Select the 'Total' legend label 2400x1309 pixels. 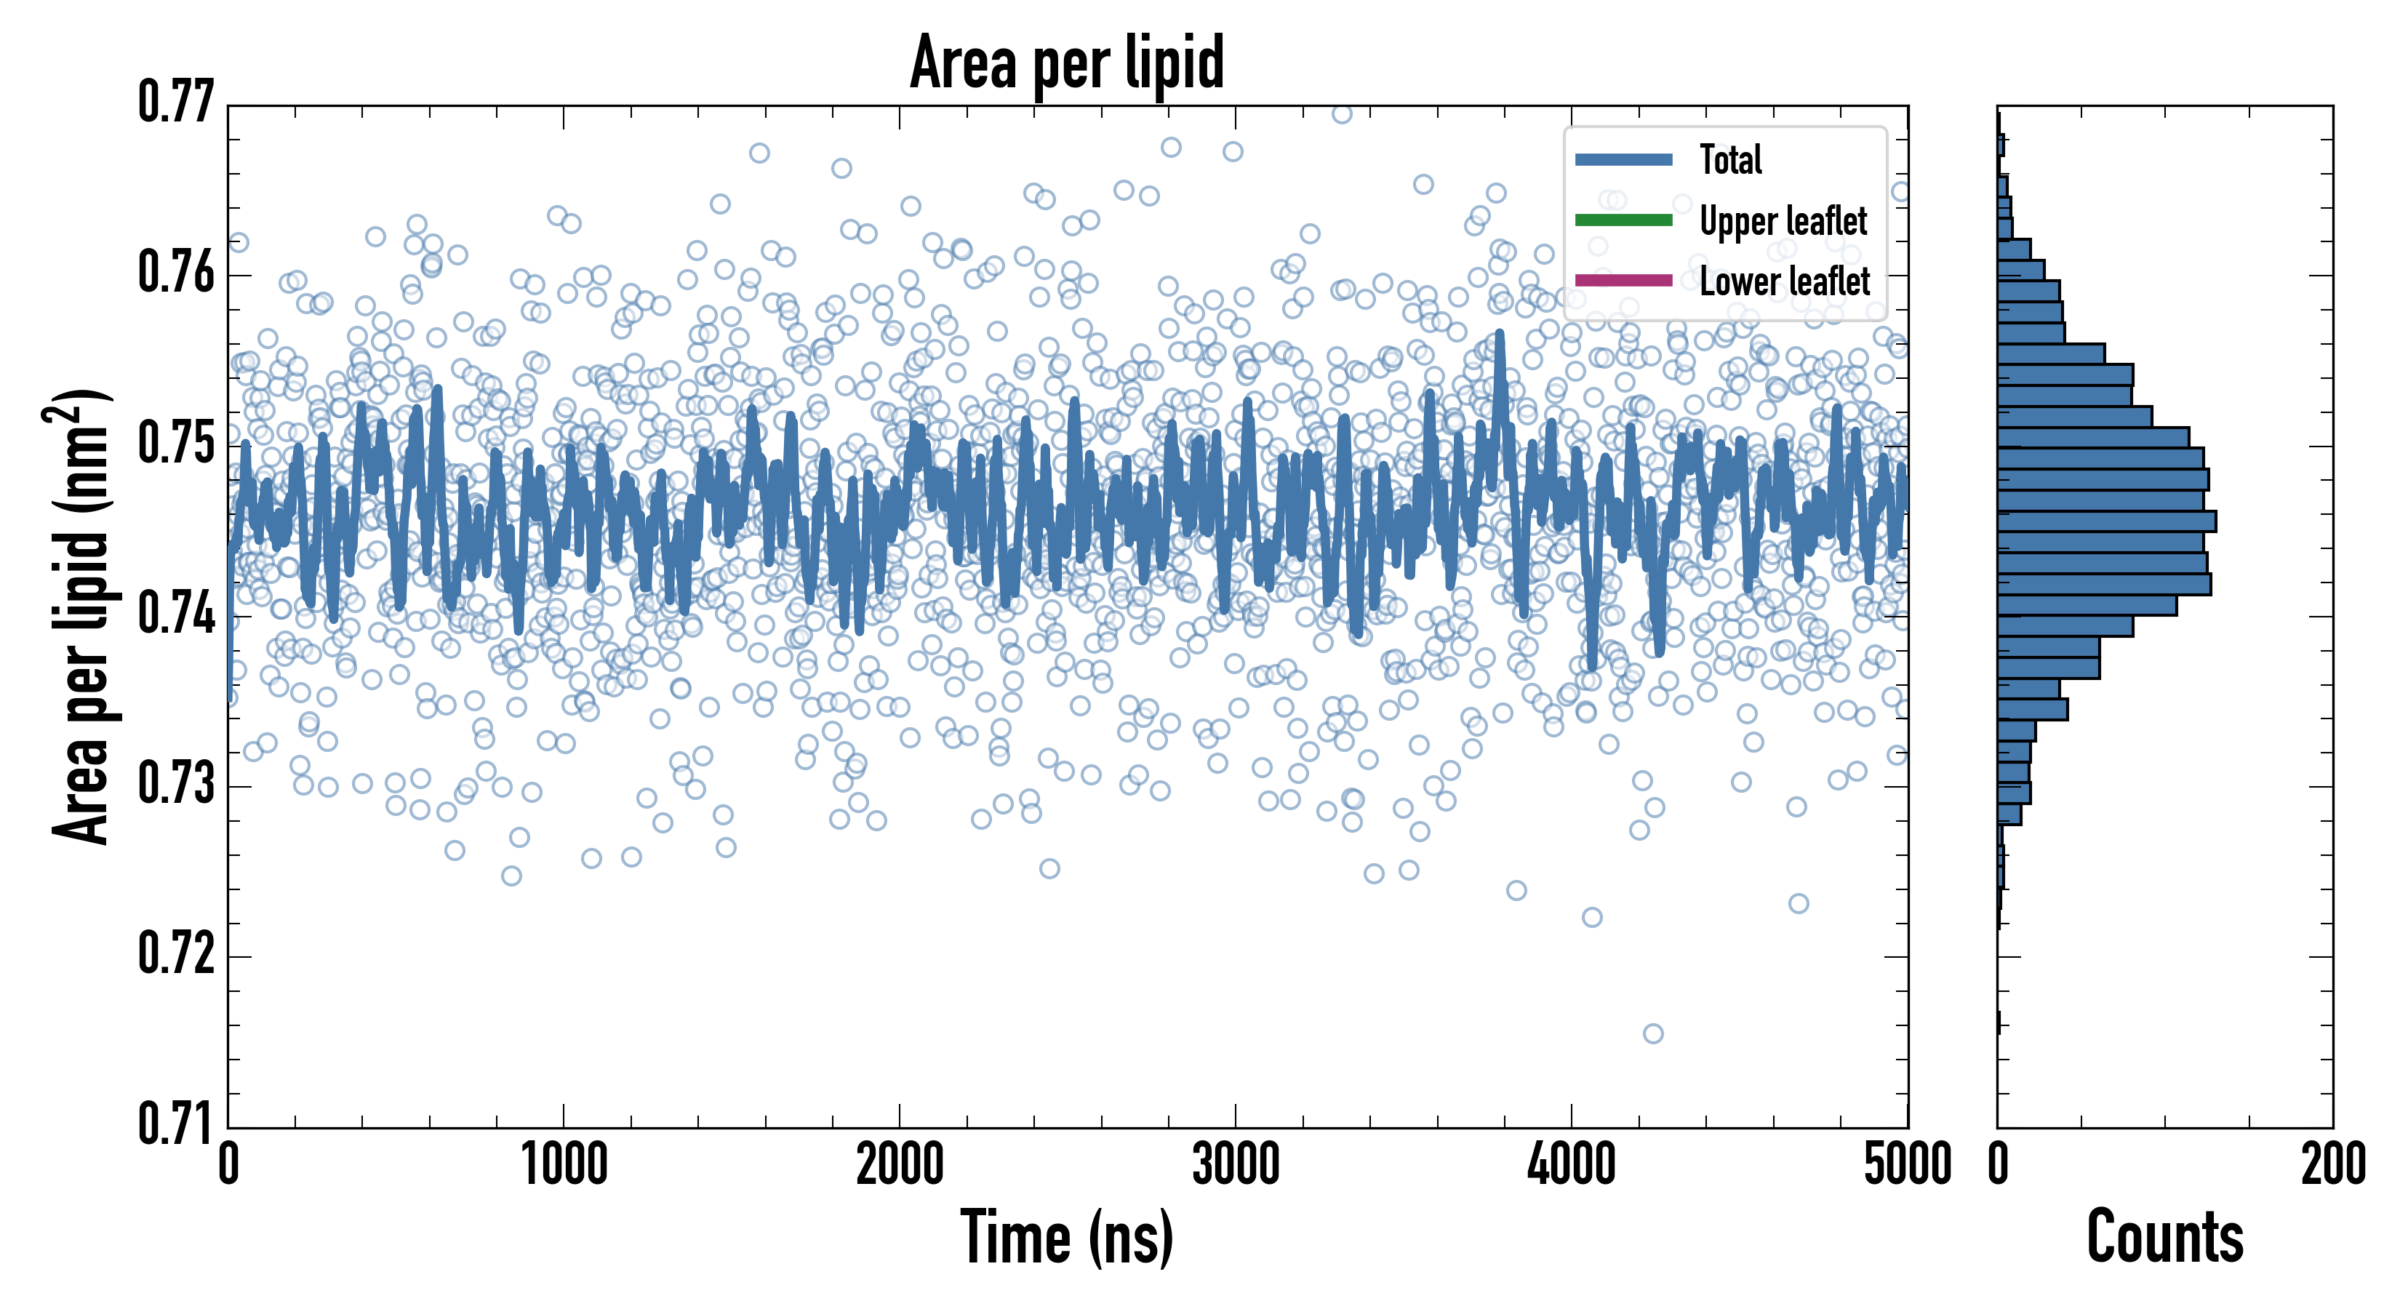point(1730,159)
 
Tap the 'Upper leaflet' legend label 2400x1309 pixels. point(1783,221)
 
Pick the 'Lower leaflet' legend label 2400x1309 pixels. point(1783,281)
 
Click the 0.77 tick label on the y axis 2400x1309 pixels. point(176,103)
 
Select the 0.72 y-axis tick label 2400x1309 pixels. point(176,954)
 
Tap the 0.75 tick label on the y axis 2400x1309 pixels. point(176,444)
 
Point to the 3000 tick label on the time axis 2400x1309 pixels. point(1236,1164)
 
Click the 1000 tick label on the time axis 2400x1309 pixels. point(564,1164)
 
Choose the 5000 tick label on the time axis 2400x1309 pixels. point(1907,1164)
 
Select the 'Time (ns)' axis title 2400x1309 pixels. point(1067,1238)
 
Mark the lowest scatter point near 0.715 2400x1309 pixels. point(1653,1033)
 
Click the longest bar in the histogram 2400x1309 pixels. point(2106,521)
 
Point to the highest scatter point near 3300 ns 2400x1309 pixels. point(1342,113)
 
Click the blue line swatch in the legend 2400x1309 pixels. point(1623,159)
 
